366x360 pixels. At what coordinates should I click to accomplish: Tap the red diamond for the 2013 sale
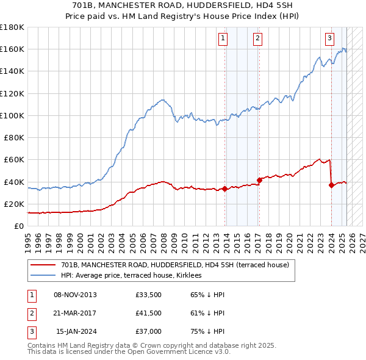point(225,189)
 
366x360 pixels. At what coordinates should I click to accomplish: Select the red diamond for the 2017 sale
point(259,180)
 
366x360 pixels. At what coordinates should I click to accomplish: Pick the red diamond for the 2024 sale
point(331,185)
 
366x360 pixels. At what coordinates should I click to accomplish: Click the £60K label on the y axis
point(14,159)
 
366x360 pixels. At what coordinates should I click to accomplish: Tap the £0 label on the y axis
point(19,226)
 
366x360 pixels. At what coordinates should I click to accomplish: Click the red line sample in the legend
point(43,265)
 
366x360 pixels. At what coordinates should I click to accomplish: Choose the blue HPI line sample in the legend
point(43,275)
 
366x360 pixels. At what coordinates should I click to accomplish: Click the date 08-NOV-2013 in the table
point(75,295)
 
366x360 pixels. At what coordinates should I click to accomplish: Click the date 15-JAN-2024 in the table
point(76,331)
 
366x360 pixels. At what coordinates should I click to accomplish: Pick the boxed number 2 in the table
point(30,313)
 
